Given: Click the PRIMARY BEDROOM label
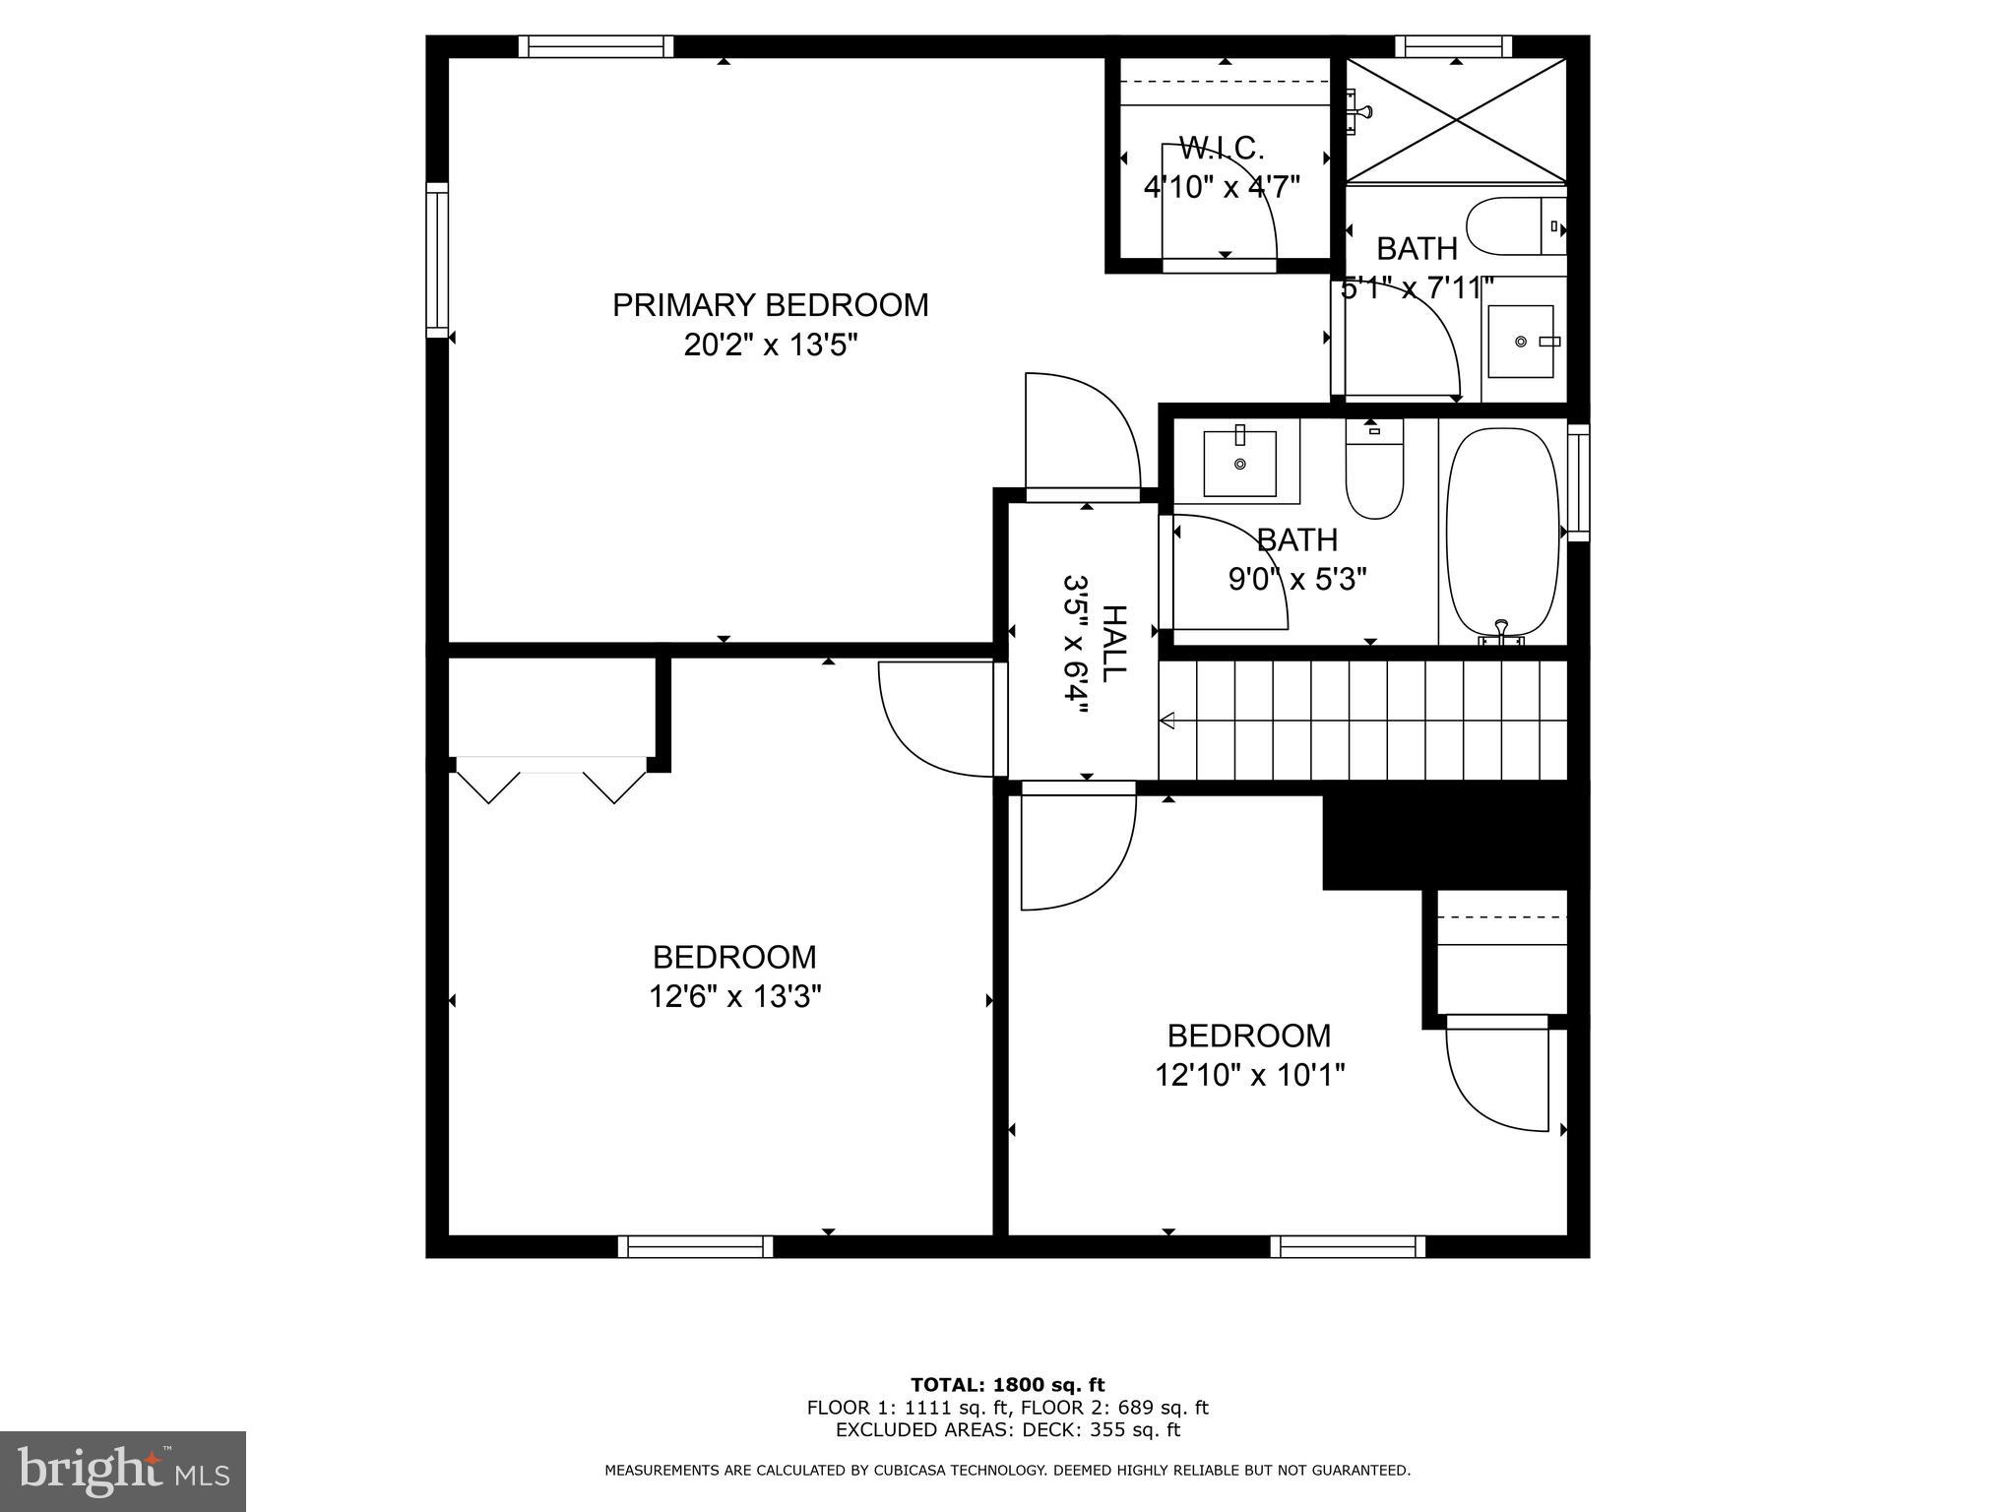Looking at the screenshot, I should (770, 305).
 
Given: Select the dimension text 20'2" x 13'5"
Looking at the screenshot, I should (771, 346).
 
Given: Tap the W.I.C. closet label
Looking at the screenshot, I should (1221, 149).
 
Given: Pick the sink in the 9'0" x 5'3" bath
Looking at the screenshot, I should (1239, 462).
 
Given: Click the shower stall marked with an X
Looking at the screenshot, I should (1455, 120).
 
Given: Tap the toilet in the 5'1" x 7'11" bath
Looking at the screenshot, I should (1513, 226).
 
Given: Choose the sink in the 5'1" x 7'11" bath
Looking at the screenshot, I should (1521, 342).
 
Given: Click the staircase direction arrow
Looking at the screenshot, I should (1168, 722).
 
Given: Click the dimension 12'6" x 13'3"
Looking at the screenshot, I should (734, 996).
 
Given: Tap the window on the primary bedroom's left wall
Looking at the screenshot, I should (436, 260).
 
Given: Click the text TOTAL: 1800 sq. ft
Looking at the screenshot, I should (1007, 1385).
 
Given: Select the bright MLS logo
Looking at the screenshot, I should (122, 1472).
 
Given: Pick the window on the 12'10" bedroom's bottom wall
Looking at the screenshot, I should (1347, 1246).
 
